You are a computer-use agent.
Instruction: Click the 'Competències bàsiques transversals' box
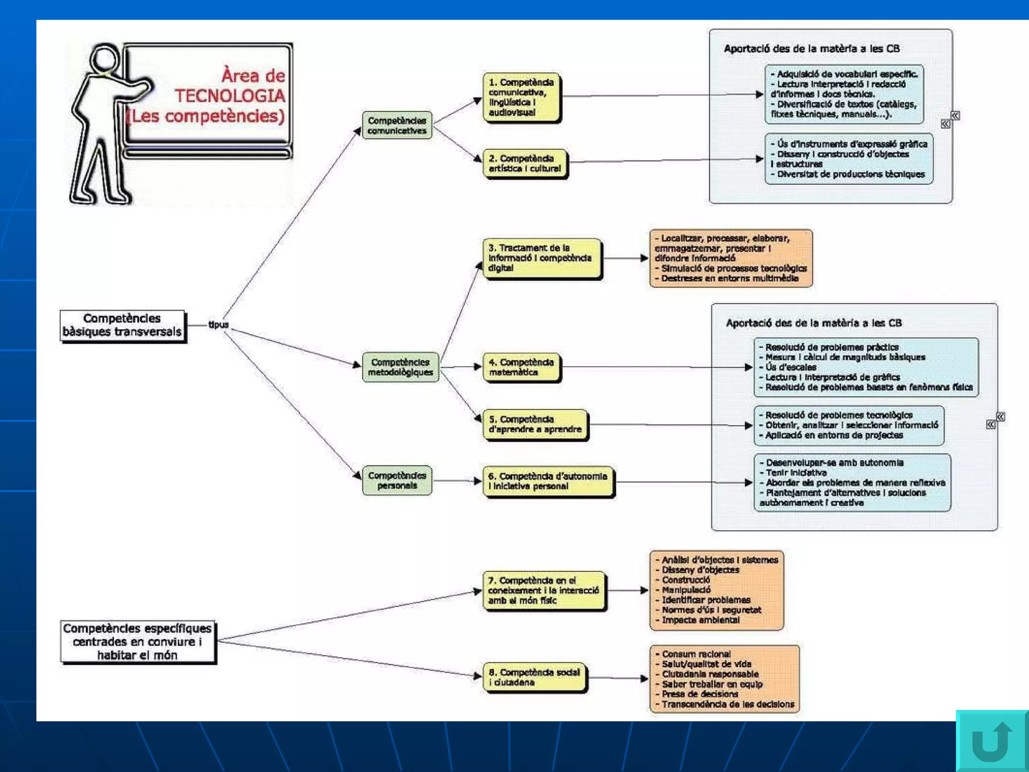[x=123, y=326]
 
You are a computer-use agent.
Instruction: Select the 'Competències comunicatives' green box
[x=397, y=126]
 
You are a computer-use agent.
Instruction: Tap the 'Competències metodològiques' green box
[x=400, y=367]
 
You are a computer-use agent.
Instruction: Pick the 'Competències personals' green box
[x=397, y=480]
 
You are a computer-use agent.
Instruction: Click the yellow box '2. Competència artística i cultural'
[x=525, y=163]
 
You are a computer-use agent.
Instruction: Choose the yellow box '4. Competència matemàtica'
[x=522, y=367]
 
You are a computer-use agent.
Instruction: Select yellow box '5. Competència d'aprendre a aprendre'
[x=535, y=424]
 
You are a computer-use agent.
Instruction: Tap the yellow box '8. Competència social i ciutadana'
[x=535, y=677]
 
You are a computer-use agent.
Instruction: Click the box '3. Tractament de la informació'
[x=541, y=258]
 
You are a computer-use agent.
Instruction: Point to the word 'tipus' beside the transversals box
[x=219, y=325]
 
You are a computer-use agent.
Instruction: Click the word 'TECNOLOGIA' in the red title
[x=230, y=95]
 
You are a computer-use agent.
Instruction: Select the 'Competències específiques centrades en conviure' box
[x=138, y=641]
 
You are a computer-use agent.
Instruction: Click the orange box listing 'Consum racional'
[x=724, y=679]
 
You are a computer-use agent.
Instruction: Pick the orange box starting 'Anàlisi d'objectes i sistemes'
[x=716, y=590]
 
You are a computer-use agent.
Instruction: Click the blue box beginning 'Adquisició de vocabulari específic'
[x=844, y=94]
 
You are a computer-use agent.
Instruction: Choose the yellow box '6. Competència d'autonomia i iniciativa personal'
[x=548, y=481]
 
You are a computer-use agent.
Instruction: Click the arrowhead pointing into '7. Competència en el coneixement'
[x=478, y=592]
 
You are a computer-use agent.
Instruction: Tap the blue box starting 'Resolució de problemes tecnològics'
[x=849, y=425]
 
